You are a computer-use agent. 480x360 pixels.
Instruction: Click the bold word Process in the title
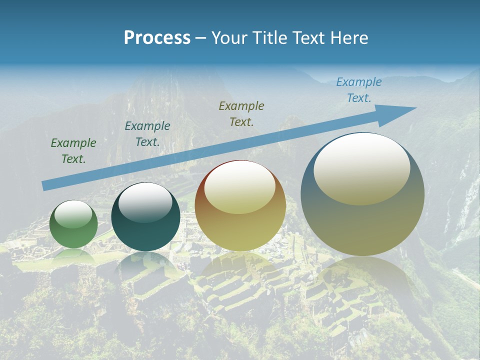[157, 38]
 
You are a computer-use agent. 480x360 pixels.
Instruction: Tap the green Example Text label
[73, 151]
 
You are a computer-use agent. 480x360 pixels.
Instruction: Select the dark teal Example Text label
[147, 134]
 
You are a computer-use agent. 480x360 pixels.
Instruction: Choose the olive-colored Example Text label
[241, 113]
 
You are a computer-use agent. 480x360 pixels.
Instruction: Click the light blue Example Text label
[358, 90]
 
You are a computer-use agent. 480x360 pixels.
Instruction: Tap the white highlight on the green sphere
[73, 214]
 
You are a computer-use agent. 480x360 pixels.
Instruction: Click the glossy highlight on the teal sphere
[145, 202]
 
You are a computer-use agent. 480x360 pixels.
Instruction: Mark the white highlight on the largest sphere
[361, 169]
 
